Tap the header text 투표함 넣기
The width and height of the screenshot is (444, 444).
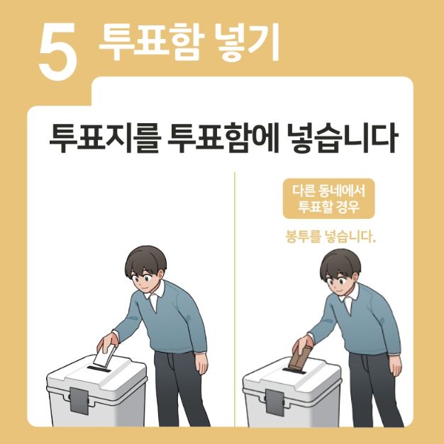pos(189,42)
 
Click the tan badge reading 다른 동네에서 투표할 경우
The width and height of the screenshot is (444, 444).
pos(328,199)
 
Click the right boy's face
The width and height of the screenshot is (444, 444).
pos(341,280)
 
